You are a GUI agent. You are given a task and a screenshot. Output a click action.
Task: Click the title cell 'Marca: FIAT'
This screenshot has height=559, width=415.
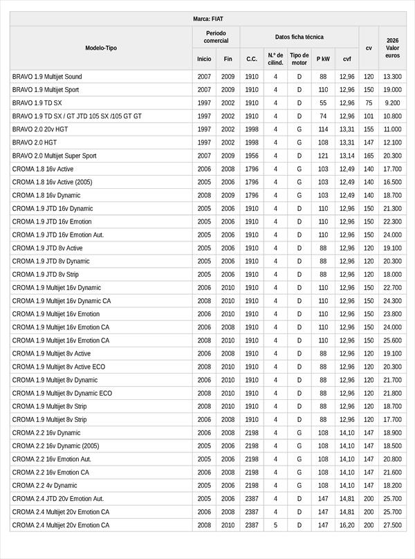(x=207, y=19)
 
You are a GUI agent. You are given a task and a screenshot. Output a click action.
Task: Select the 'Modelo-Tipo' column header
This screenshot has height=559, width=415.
(x=101, y=48)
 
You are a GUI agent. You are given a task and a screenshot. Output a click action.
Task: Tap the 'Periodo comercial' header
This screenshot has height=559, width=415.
(x=216, y=37)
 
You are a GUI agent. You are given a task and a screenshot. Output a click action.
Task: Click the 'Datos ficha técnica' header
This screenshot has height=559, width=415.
(x=299, y=37)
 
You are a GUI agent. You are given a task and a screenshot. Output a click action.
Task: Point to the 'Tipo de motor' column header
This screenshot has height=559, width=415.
(x=299, y=59)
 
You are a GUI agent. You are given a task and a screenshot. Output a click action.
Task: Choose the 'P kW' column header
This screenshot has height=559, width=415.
(x=323, y=59)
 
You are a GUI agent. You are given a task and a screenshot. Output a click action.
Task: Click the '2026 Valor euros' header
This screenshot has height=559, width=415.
(x=393, y=48)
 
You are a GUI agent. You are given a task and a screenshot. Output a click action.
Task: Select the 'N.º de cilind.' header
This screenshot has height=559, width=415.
(x=275, y=59)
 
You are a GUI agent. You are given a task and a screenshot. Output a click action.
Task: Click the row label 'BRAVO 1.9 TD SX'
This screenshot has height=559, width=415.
(x=37, y=102)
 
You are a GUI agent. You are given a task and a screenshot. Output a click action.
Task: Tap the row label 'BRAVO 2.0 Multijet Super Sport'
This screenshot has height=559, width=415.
(x=55, y=156)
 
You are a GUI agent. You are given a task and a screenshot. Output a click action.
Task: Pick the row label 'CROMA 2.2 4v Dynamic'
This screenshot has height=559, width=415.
(x=45, y=485)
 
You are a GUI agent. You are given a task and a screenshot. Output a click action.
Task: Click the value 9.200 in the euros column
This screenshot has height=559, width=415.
(x=393, y=102)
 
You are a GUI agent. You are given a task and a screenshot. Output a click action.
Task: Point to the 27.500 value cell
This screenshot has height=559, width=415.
(x=393, y=525)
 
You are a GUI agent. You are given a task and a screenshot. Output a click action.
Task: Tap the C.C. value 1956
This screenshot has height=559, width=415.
(x=252, y=156)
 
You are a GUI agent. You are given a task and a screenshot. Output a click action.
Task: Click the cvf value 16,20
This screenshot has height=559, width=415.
(x=347, y=525)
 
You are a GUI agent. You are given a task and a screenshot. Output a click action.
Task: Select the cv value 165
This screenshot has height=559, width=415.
(x=369, y=156)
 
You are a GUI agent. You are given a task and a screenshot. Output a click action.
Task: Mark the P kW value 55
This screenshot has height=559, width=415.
(x=323, y=102)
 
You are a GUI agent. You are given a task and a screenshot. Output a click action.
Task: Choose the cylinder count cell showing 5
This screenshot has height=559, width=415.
(x=275, y=525)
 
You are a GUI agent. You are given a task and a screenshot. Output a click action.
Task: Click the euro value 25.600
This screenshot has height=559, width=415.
(x=393, y=340)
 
